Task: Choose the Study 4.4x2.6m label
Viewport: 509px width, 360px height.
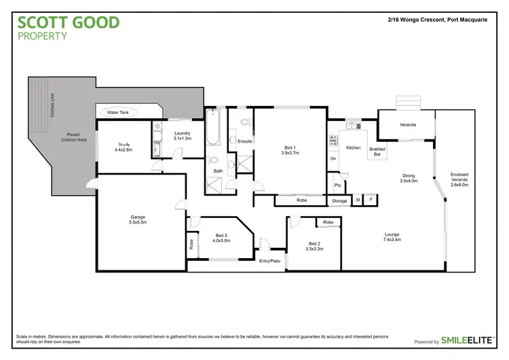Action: click(124, 147)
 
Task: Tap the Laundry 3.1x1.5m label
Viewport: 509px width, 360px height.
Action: click(182, 136)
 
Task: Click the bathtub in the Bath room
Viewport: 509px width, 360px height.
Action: click(212, 130)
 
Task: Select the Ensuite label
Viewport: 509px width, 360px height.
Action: click(245, 141)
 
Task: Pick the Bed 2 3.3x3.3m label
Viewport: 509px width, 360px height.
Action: click(315, 247)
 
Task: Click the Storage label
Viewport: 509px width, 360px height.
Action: click(339, 201)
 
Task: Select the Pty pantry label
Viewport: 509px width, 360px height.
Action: click(337, 185)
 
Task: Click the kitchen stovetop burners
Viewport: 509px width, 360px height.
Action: click(333, 141)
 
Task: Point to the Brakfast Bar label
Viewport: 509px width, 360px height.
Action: click(377, 151)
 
